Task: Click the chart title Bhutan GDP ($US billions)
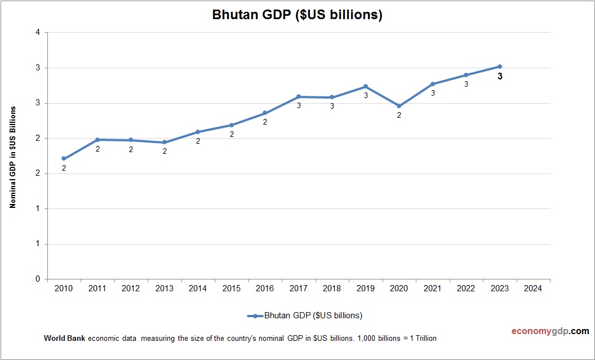[297, 15]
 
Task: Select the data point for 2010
[64, 159]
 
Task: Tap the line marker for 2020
[399, 106]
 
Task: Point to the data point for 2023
[500, 66]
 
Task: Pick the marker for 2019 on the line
[366, 87]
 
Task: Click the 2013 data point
[165, 143]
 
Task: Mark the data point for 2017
[299, 97]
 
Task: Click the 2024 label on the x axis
[533, 288]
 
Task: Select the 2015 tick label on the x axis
[232, 288]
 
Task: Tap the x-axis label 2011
[97, 288]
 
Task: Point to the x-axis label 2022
[466, 288]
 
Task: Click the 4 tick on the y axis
[38, 33]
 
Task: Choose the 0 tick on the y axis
[38, 279]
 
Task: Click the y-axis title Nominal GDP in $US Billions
[12, 157]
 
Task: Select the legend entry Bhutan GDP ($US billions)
[305, 315]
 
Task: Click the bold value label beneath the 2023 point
[500, 77]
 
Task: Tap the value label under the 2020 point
[399, 115]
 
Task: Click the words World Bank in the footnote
[64, 339]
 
